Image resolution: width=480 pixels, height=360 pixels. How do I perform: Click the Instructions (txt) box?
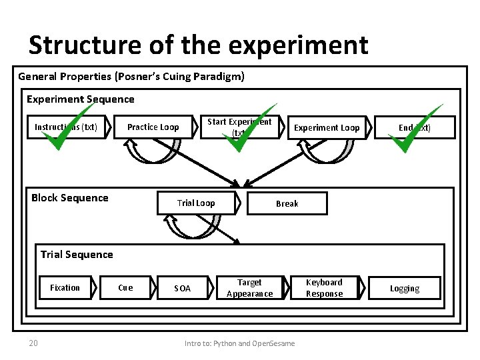(66, 127)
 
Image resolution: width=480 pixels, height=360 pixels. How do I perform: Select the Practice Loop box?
(153, 127)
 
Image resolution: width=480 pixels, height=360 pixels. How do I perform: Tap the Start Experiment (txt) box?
(239, 127)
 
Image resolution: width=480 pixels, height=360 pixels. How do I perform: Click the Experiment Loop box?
(327, 127)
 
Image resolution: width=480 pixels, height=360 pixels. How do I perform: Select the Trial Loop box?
(196, 203)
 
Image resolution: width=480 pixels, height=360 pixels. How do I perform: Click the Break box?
(287, 203)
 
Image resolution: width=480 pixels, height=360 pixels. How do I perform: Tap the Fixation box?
(65, 288)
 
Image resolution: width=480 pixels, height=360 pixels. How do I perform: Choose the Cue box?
(125, 288)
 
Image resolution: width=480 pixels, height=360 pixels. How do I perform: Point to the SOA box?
(182, 288)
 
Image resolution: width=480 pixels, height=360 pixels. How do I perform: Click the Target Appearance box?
(249, 288)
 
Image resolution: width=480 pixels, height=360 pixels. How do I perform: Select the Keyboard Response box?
(324, 288)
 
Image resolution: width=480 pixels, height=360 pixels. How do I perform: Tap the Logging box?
(405, 288)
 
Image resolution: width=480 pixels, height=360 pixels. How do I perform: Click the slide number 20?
(33, 343)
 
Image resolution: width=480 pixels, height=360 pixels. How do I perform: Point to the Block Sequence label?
(69, 198)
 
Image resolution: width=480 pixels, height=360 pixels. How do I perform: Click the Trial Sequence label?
(77, 254)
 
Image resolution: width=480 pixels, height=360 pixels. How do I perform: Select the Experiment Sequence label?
(80, 99)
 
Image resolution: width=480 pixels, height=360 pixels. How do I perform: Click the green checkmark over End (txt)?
(413, 130)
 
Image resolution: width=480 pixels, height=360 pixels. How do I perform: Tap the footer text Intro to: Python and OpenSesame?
(239, 343)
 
